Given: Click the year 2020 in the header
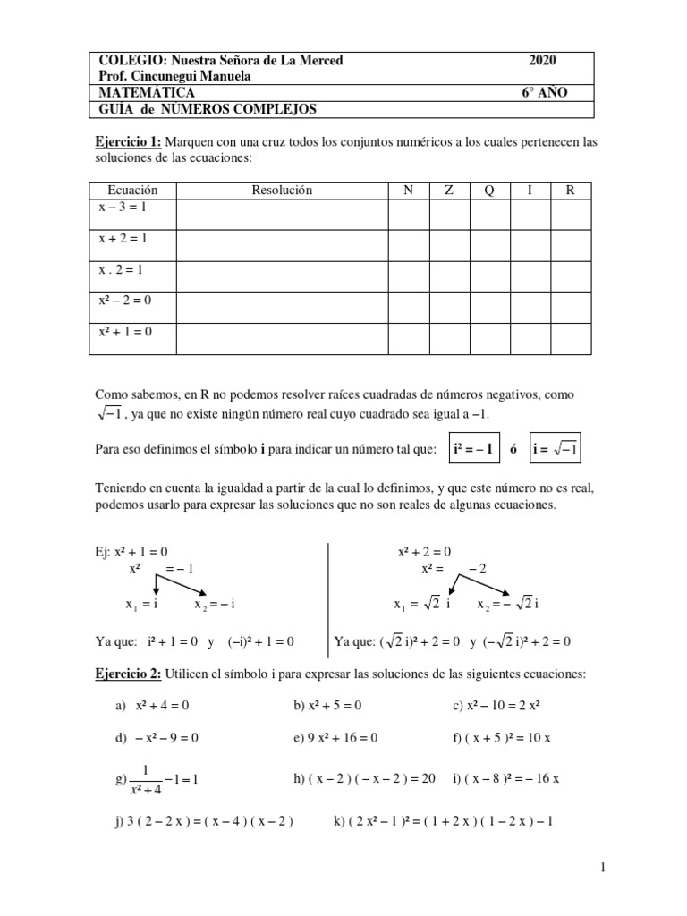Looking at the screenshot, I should coord(542,60).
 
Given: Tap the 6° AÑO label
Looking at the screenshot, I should coord(544,93).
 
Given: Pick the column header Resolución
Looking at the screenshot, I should coord(282,190).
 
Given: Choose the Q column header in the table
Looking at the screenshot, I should coord(488,190).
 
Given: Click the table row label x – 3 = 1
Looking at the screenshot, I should coord(123,207).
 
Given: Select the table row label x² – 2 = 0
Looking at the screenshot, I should coord(125,301).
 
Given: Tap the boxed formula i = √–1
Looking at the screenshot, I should coord(556,449).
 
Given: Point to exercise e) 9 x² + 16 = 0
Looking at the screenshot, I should coord(335,738).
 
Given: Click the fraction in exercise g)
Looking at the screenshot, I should coord(144,778).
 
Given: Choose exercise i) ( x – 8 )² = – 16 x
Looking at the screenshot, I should coord(506,778).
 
